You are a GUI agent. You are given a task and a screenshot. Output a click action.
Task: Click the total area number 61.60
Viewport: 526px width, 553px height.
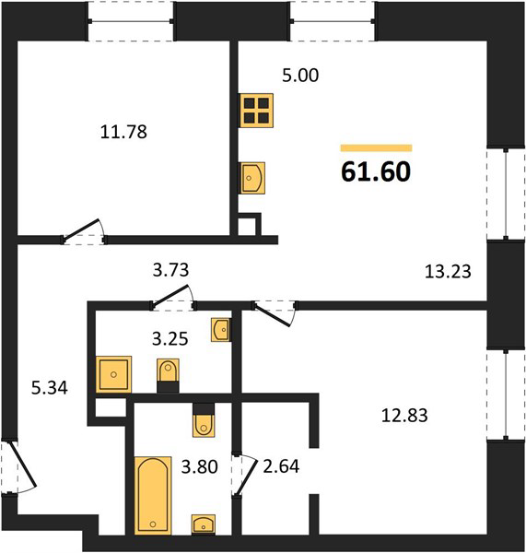pos(376,171)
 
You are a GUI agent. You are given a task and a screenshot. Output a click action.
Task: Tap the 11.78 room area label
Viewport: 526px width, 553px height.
pos(123,132)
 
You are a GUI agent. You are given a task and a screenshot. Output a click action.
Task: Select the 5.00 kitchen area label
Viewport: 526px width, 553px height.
pos(300,76)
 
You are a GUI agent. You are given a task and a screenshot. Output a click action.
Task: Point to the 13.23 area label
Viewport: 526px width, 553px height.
pos(448,272)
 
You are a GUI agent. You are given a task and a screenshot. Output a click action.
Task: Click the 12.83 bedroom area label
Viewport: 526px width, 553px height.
pos(404,416)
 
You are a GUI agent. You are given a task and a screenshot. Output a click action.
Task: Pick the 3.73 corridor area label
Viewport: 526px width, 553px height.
pos(170,270)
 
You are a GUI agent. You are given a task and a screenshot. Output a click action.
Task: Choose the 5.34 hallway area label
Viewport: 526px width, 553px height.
pos(50,388)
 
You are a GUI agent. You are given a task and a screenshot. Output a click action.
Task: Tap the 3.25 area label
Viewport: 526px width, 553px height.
pos(170,339)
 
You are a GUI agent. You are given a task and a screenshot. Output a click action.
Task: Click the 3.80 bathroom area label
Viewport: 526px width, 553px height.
pos(200,466)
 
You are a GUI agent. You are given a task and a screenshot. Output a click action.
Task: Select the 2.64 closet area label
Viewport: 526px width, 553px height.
pos(281,466)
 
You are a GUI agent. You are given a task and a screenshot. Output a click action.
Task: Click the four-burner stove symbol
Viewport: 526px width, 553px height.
pos(256,111)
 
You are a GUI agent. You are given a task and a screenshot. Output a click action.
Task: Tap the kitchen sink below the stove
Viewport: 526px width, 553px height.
pos(252,178)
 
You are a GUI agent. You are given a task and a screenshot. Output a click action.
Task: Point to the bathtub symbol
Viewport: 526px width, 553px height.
pos(153,495)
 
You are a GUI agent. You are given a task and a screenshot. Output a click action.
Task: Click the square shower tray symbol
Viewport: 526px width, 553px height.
pos(113,374)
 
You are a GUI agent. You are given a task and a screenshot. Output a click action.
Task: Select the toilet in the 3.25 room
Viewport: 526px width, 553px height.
pos(168,376)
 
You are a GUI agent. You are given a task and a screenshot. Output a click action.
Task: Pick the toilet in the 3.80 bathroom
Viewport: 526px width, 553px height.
pos(204,420)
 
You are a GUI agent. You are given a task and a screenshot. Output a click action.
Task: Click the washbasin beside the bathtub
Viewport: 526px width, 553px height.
pos(204,524)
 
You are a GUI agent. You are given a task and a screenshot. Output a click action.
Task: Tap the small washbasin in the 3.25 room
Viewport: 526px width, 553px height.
pos(221,329)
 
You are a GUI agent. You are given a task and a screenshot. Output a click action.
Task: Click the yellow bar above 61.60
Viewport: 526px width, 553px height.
pos(376,147)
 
